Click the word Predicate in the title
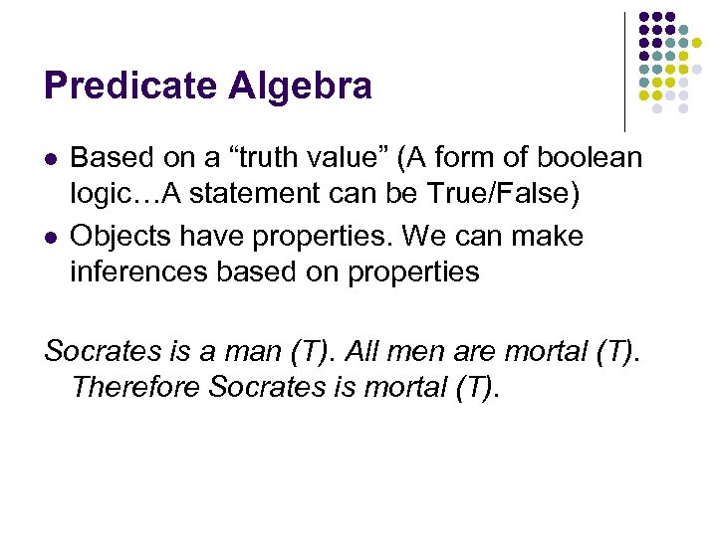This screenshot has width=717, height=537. [130, 87]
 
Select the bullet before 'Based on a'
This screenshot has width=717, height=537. [51, 159]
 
